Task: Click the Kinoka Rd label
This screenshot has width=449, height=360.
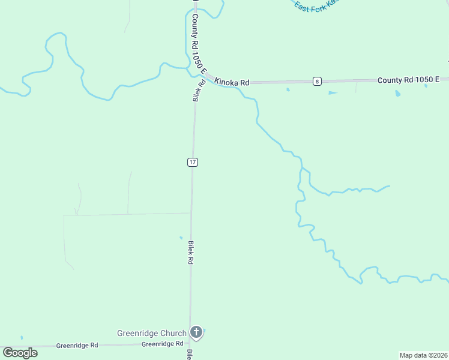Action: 232,82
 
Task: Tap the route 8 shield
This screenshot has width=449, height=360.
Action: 317,81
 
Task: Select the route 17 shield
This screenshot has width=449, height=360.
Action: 192,162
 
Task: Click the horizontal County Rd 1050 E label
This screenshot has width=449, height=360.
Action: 408,79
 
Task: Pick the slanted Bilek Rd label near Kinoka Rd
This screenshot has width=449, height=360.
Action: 199,90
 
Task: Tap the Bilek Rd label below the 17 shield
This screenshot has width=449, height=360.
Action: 190,253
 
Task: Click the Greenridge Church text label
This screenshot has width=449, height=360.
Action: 151,333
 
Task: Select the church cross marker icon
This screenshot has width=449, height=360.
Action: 196,332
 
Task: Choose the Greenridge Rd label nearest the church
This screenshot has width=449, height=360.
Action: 162,344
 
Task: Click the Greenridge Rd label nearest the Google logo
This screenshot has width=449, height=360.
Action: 77,346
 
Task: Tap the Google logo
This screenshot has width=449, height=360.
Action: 20,353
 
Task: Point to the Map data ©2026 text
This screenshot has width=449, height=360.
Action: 423,355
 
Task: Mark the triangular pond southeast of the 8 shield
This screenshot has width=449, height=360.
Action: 333,93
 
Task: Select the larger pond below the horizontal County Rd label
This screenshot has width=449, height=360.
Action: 397,94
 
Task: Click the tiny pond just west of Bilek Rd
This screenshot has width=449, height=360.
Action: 181,238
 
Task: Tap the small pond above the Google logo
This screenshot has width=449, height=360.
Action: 22,338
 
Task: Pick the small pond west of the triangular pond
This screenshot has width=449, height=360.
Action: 288,90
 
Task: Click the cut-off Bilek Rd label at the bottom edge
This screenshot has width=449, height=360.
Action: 189,355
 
